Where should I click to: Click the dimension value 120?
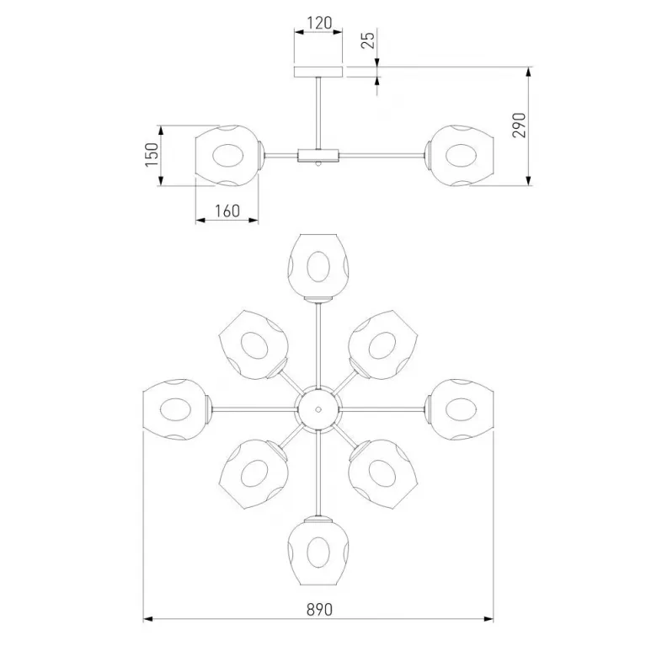(x=319, y=23)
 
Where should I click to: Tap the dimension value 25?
(x=368, y=40)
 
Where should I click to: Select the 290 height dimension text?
(x=519, y=125)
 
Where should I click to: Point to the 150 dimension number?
(x=152, y=154)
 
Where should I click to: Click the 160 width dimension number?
(x=227, y=211)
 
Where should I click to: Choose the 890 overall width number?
(x=319, y=609)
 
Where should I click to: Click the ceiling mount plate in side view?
(x=318, y=72)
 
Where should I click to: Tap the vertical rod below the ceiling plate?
(x=318, y=113)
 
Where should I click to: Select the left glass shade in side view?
(x=227, y=156)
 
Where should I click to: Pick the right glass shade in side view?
(x=462, y=156)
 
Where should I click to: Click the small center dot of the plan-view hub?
(x=318, y=409)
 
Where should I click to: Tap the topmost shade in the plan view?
(x=318, y=266)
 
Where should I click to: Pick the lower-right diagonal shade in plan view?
(x=383, y=474)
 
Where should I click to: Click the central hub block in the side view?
(x=318, y=156)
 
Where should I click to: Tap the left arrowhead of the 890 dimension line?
(x=147, y=619)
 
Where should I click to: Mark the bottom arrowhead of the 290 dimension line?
(x=529, y=180)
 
